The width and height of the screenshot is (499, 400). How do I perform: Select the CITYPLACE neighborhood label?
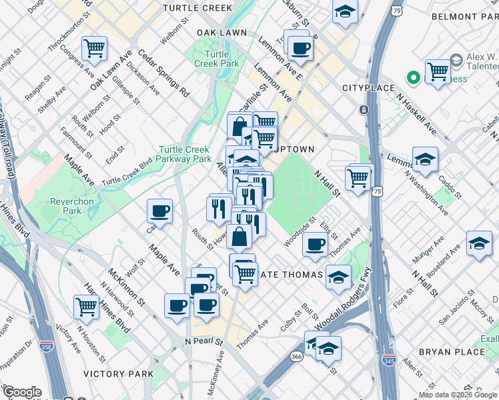click(x=364, y=88)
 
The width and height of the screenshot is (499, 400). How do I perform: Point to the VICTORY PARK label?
click(x=118, y=374)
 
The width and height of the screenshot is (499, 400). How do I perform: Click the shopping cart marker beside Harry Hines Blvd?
click(x=87, y=307)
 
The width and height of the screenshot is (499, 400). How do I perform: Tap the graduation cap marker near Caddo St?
click(x=425, y=159)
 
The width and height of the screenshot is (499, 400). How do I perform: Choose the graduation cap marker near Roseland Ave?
click(x=479, y=243)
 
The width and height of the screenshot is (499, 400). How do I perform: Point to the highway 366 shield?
click(x=296, y=357)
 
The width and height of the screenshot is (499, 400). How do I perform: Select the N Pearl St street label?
click(x=203, y=341)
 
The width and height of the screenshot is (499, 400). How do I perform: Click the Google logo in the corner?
click(x=22, y=391)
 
